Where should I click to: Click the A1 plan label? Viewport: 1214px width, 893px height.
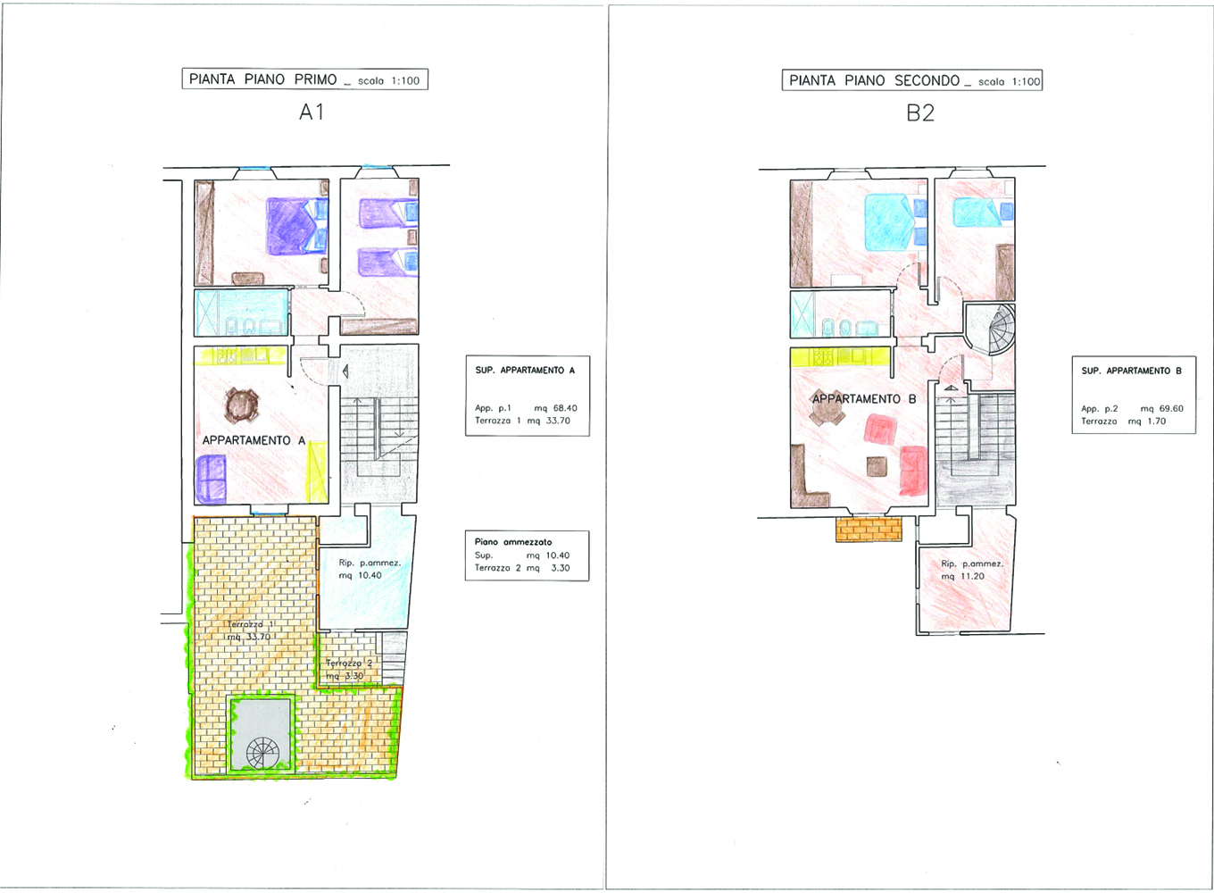tap(312, 113)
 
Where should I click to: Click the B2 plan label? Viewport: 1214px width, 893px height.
tap(920, 113)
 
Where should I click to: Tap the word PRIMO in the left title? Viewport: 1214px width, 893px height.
tap(315, 79)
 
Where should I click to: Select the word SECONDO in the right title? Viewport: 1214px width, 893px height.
tap(927, 80)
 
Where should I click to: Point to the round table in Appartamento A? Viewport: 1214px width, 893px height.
tap(242, 405)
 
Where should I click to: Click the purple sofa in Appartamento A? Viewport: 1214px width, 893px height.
tap(211, 479)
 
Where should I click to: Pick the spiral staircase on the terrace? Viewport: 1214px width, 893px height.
tap(262, 753)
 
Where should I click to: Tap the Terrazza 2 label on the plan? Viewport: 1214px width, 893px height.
tap(348, 663)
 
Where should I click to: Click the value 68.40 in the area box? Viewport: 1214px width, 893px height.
tap(565, 408)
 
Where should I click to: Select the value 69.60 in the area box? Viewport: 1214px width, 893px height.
tap(1171, 409)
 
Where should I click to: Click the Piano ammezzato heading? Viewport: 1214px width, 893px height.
tap(513, 542)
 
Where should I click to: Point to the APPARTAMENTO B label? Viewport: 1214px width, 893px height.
tap(864, 399)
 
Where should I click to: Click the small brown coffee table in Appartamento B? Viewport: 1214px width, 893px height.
tap(877, 466)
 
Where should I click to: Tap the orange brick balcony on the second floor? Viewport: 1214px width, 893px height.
tap(869, 530)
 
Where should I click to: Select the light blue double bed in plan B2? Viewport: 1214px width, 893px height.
tap(889, 222)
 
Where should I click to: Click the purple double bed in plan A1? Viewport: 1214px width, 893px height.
tap(290, 226)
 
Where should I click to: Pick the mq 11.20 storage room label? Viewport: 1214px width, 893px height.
tap(963, 576)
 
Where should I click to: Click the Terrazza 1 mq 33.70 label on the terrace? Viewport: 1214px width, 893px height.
tap(249, 630)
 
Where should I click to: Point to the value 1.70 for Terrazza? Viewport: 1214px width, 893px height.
tap(1157, 421)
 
